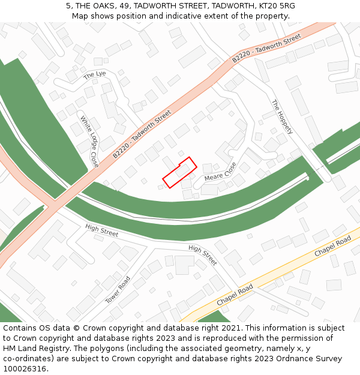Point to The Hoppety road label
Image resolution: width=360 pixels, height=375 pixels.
coord(281,116)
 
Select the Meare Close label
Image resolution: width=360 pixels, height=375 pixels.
coord(220,172)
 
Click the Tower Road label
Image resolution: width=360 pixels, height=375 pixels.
coord(118,290)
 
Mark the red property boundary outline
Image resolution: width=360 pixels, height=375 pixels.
coord(179,172)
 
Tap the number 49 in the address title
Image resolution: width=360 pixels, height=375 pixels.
coord(125,6)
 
